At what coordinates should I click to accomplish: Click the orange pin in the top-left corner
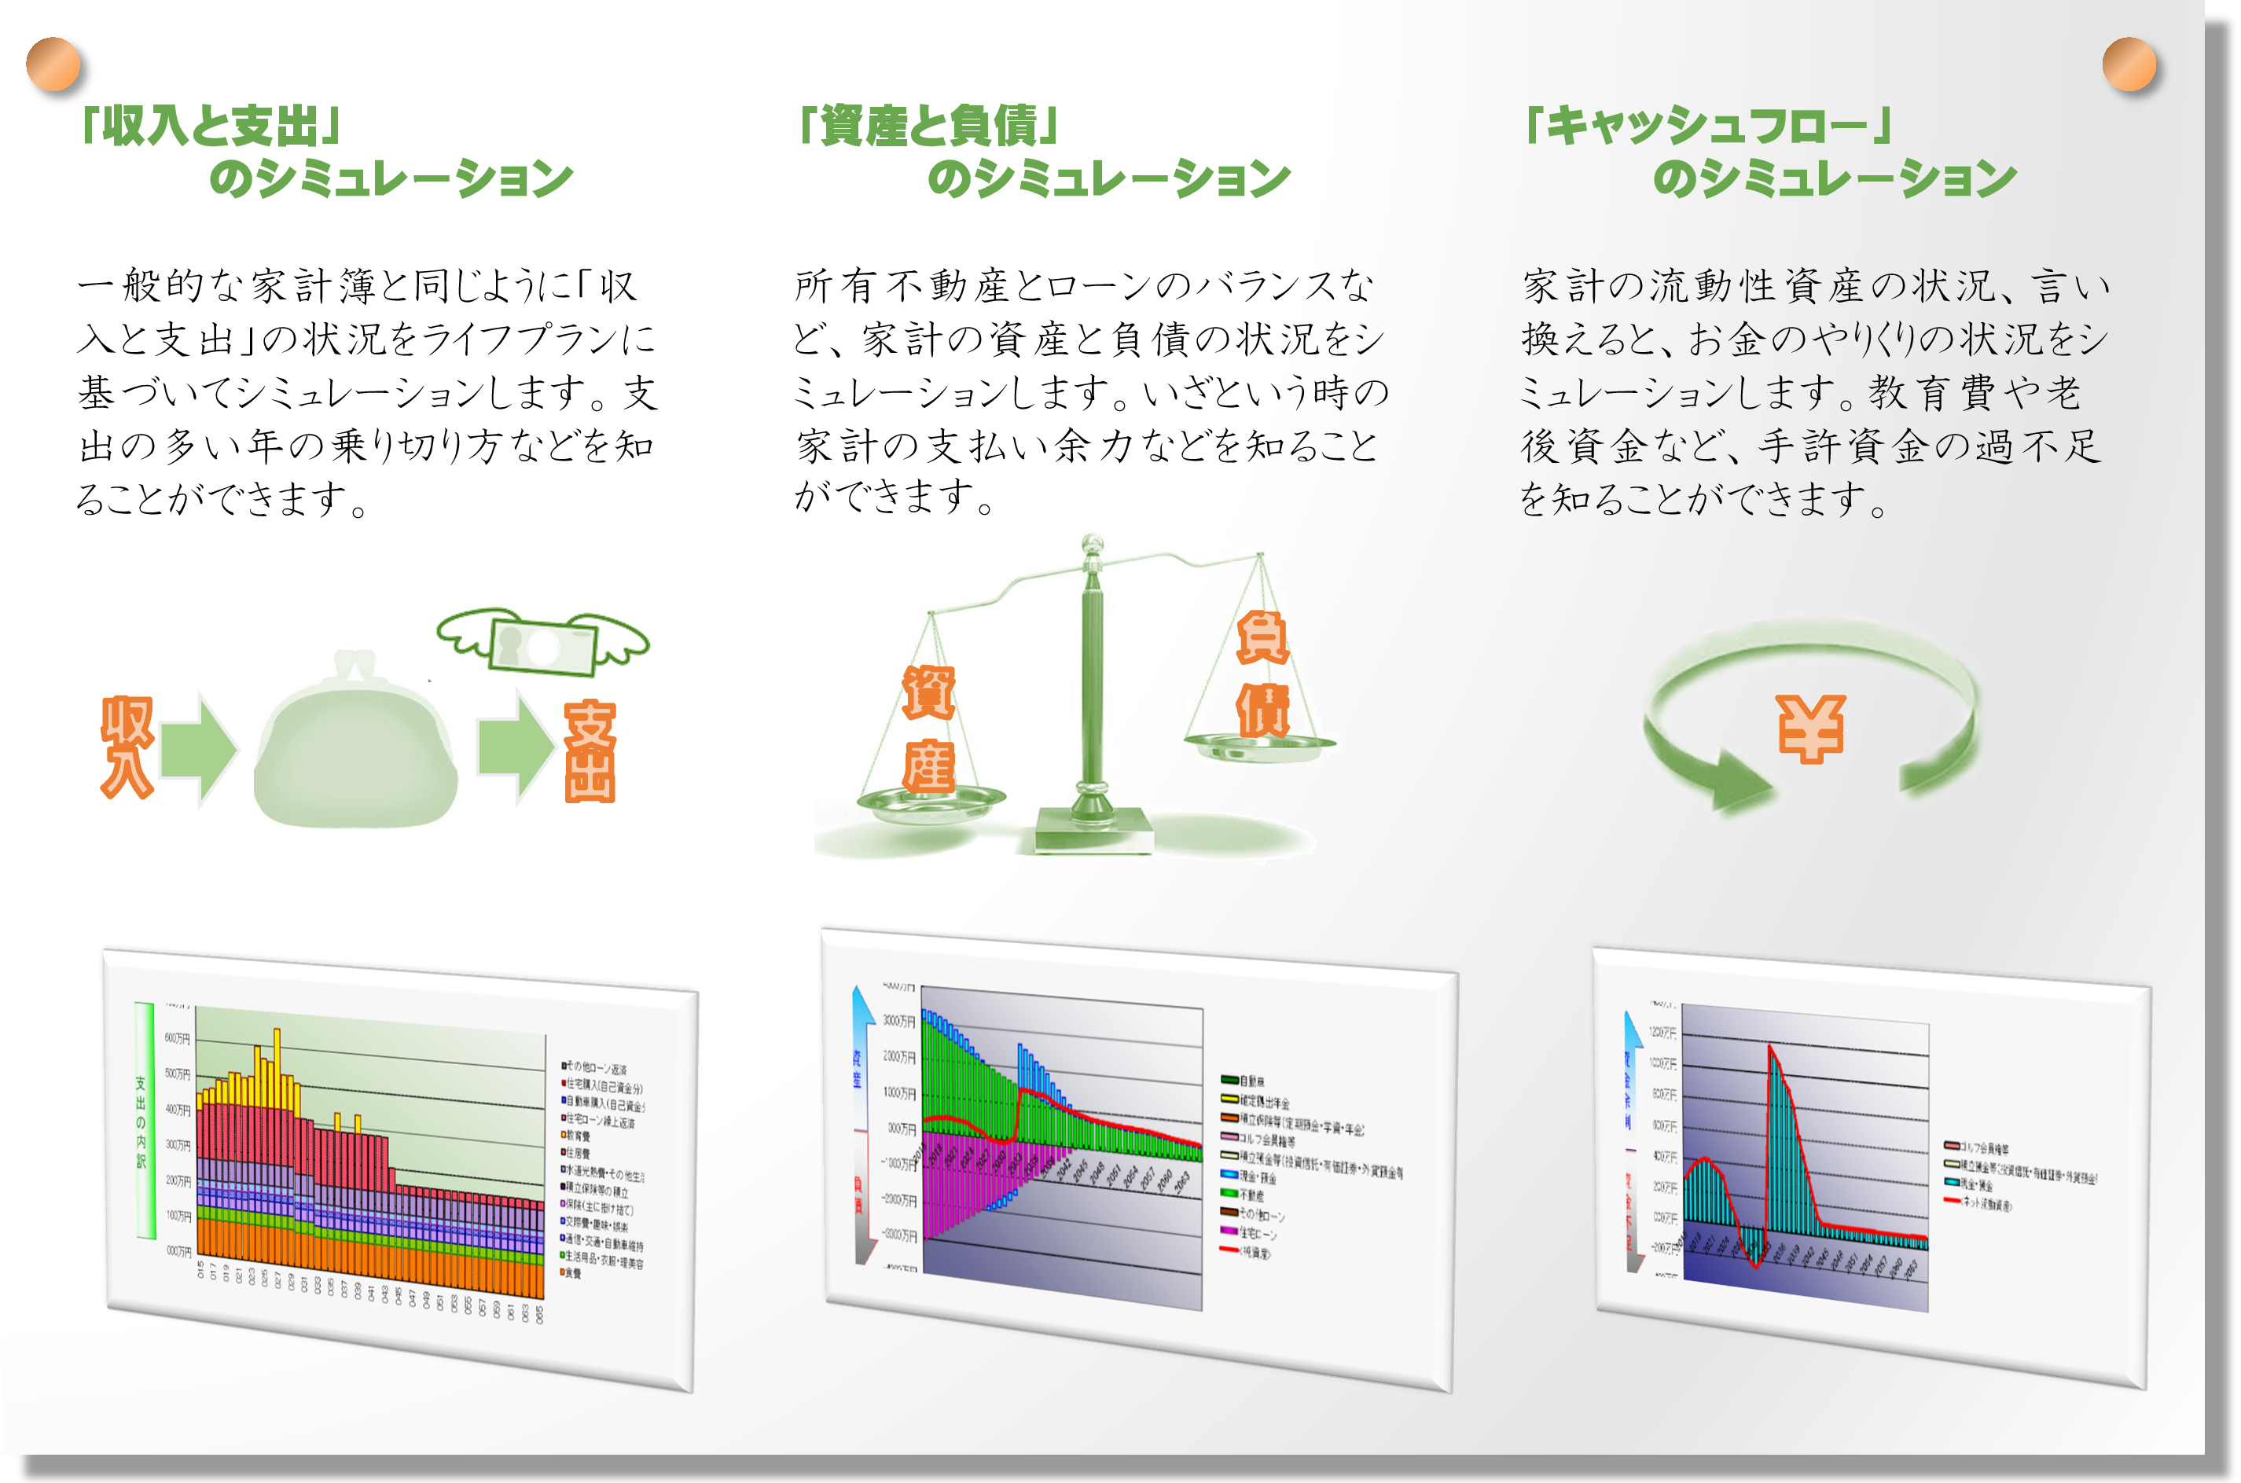tap(53, 64)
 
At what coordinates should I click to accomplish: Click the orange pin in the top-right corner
tap(2129, 64)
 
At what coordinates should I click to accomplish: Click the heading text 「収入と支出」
tap(210, 125)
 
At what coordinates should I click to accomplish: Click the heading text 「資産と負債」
tap(927, 125)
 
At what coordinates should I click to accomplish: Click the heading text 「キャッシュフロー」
tap(1707, 125)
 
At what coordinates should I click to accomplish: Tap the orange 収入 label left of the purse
tap(127, 747)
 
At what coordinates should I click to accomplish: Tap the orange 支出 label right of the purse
tap(590, 752)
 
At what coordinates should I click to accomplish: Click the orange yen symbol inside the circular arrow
tap(1809, 729)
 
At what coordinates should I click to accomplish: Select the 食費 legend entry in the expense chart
tap(573, 1273)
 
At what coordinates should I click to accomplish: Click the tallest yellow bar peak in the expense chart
tap(276, 1033)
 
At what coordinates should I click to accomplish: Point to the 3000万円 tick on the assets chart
tap(898, 1021)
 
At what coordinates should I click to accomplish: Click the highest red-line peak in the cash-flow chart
tap(1770, 1048)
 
